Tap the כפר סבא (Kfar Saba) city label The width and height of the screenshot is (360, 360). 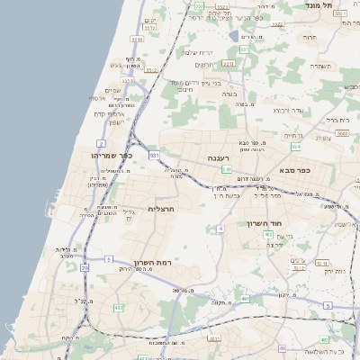tap(293, 169)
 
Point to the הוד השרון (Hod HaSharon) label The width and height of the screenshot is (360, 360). tap(265, 223)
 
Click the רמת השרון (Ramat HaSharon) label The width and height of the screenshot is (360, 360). tap(151, 262)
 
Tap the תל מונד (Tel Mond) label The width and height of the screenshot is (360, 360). tap(346, 5)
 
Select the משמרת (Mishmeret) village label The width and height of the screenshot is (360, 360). tap(321, 66)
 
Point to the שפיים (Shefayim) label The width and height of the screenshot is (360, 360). tap(113, 89)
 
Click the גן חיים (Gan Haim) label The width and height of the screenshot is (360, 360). tap(293, 136)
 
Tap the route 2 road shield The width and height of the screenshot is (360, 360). tap(102, 143)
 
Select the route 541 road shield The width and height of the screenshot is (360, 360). tap(228, 169)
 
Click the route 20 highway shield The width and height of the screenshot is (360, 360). tap(85, 267)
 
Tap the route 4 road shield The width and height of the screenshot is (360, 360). tap(220, 229)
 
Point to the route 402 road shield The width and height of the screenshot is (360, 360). tap(268, 234)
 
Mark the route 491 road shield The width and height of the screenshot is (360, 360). tap(245, 301)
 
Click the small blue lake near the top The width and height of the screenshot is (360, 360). tap(234, 36)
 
